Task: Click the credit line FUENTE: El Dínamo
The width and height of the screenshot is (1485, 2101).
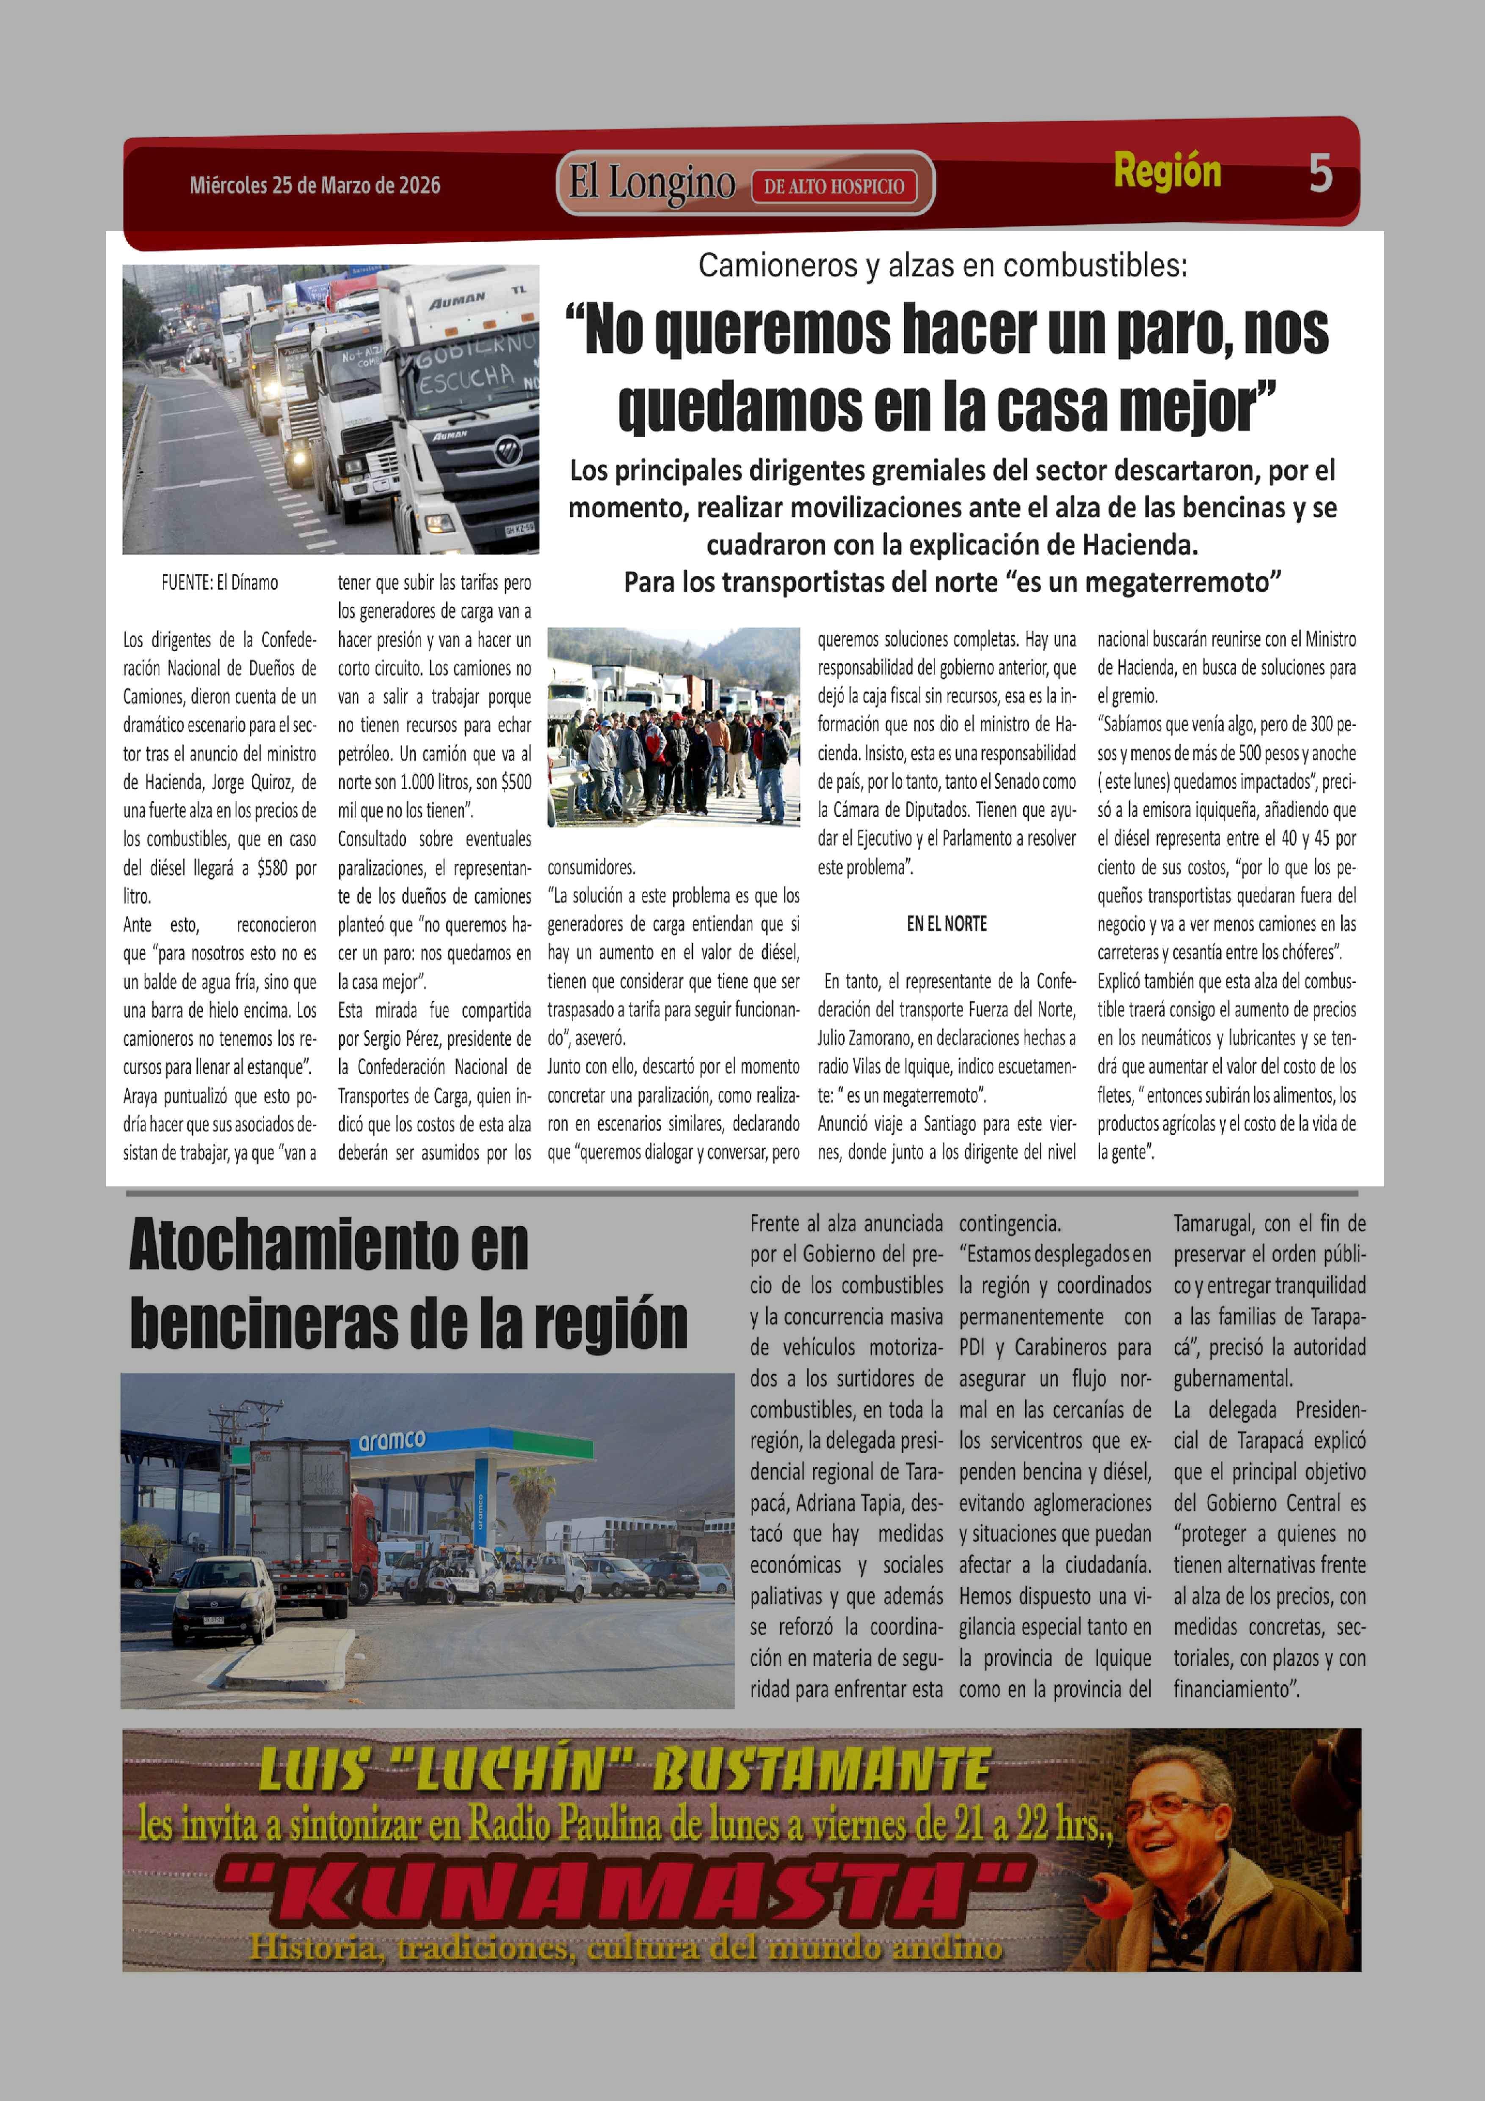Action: coord(220,582)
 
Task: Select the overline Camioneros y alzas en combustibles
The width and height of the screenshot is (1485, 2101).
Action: coord(942,265)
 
